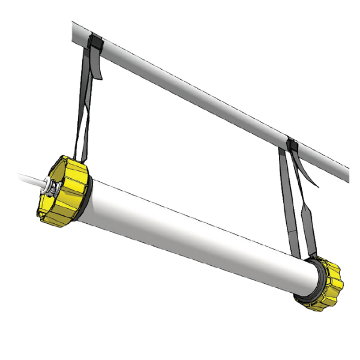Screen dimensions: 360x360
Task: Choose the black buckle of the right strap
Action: (293, 146)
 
